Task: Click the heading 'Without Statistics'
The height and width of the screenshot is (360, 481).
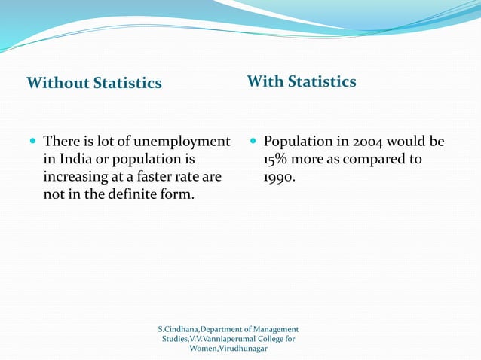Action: tap(94, 83)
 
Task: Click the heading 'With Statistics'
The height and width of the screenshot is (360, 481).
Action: tap(302, 81)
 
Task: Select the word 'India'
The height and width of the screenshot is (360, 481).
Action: tap(78, 160)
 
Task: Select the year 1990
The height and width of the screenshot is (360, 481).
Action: tap(279, 178)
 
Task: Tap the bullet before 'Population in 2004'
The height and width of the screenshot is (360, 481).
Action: tap(253, 142)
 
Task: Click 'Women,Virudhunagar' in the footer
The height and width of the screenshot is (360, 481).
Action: tap(228, 349)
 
